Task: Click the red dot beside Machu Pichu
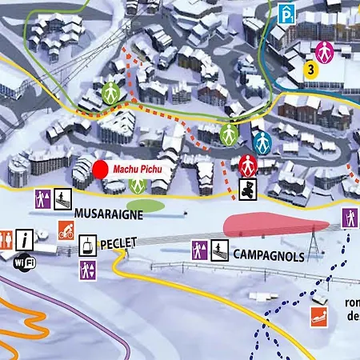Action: (x=101, y=170)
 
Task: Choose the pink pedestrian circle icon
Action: (x=323, y=51)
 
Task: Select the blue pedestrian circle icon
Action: (x=261, y=142)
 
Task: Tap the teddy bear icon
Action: (x=248, y=189)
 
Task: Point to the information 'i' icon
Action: (x=26, y=238)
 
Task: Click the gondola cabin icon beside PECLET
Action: (x=86, y=246)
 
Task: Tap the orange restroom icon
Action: (x=6, y=238)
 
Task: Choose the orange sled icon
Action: (x=319, y=314)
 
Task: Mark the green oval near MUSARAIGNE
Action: (x=146, y=206)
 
